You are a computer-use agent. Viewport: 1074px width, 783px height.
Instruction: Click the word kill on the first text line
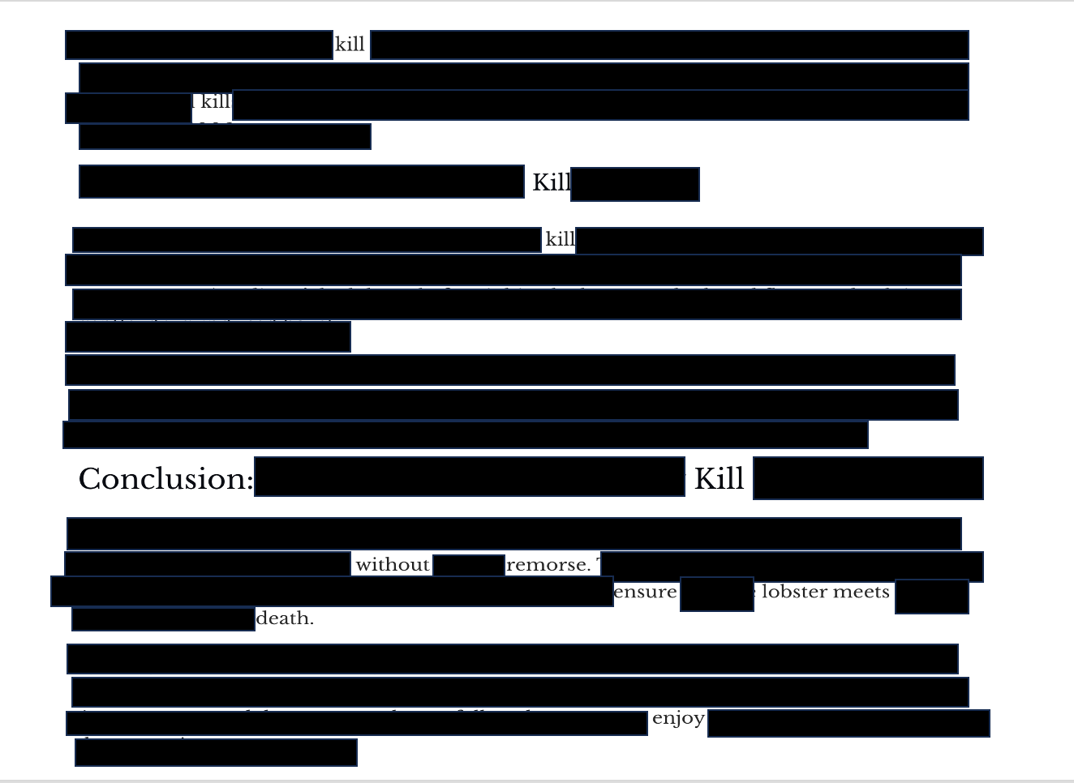coord(350,45)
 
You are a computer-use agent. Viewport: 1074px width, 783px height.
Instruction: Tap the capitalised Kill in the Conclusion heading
coord(719,478)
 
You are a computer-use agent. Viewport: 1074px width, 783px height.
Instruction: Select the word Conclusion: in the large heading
coord(165,479)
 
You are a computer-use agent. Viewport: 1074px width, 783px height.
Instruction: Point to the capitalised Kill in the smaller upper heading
coord(551,183)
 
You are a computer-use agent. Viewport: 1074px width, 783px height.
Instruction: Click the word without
coord(393,565)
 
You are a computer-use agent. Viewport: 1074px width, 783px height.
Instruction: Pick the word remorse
coord(548,565)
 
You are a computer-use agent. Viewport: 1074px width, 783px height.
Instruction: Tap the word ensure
coord(645,593)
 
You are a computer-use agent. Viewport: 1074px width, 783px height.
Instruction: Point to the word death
coord(285,618)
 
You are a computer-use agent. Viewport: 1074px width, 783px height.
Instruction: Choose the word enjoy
coord(678,718)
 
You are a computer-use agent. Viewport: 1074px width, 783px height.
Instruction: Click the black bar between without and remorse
coord(469,565)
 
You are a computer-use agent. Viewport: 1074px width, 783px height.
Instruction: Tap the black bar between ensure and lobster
coord(716,594)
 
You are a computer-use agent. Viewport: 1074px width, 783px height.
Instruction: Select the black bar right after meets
coord(931,597)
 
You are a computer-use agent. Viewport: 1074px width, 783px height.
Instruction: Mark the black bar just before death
coord(163,618)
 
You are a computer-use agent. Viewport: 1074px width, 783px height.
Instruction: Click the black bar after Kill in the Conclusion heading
coord(868,478)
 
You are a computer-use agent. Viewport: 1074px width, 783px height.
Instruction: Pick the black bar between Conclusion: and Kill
coord(469,477)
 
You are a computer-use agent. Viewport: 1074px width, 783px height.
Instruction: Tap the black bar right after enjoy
coord(848,723)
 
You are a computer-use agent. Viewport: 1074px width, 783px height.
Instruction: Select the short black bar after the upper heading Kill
coord(634,184)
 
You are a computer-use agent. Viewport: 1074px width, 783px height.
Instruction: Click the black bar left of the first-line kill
coord(199,45)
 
